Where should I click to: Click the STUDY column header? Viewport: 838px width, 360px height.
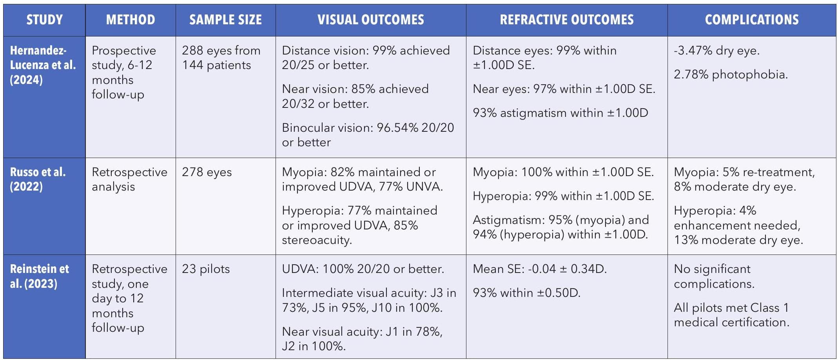pyautogui.click(x=44, y=20)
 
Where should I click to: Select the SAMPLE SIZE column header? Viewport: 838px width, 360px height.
pyautogui.click(x=225, y=20)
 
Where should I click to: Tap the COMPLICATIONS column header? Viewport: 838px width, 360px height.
pyautogui.click(x=751, y=20)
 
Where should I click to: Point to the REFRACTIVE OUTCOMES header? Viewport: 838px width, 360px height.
pyautogui.click(x=566, y=20)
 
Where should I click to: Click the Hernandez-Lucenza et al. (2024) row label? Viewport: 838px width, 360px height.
pyautogui.click(x=43, y=65)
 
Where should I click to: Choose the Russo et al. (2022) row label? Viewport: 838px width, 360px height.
pyautogui.click(x=38, y=179)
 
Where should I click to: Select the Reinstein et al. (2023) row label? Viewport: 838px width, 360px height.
pyautogui.click(x=39, y=276)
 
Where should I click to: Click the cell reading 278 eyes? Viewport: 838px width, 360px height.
pyautogui.click(x=207, y=172)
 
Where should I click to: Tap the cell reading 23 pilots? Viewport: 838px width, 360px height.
pyautogui.click(x=206, y=269)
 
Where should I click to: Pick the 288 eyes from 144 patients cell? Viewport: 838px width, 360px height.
pyautogui.click(x=221, y=58)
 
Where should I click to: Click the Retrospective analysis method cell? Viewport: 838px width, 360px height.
pyautogui.click(x=129, y=179)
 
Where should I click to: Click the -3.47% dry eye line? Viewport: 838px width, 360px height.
pyautogui.click(x=716, y=51)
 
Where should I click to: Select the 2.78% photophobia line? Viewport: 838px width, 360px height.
pyautogui.click(x=731, y=75)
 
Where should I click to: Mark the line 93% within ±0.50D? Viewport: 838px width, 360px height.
pyautogui.click(x=526, y=293)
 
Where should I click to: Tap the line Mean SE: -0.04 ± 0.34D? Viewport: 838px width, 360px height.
pyautogui.click(x=540, y=269)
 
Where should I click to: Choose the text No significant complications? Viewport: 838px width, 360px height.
pyautogui.click(x=713, y=276)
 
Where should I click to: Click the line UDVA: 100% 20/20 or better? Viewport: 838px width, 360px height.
pyautogui.click(x=363, y=269)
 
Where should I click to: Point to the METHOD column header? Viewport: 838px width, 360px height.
pyautogui.click(x=131, y=20)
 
